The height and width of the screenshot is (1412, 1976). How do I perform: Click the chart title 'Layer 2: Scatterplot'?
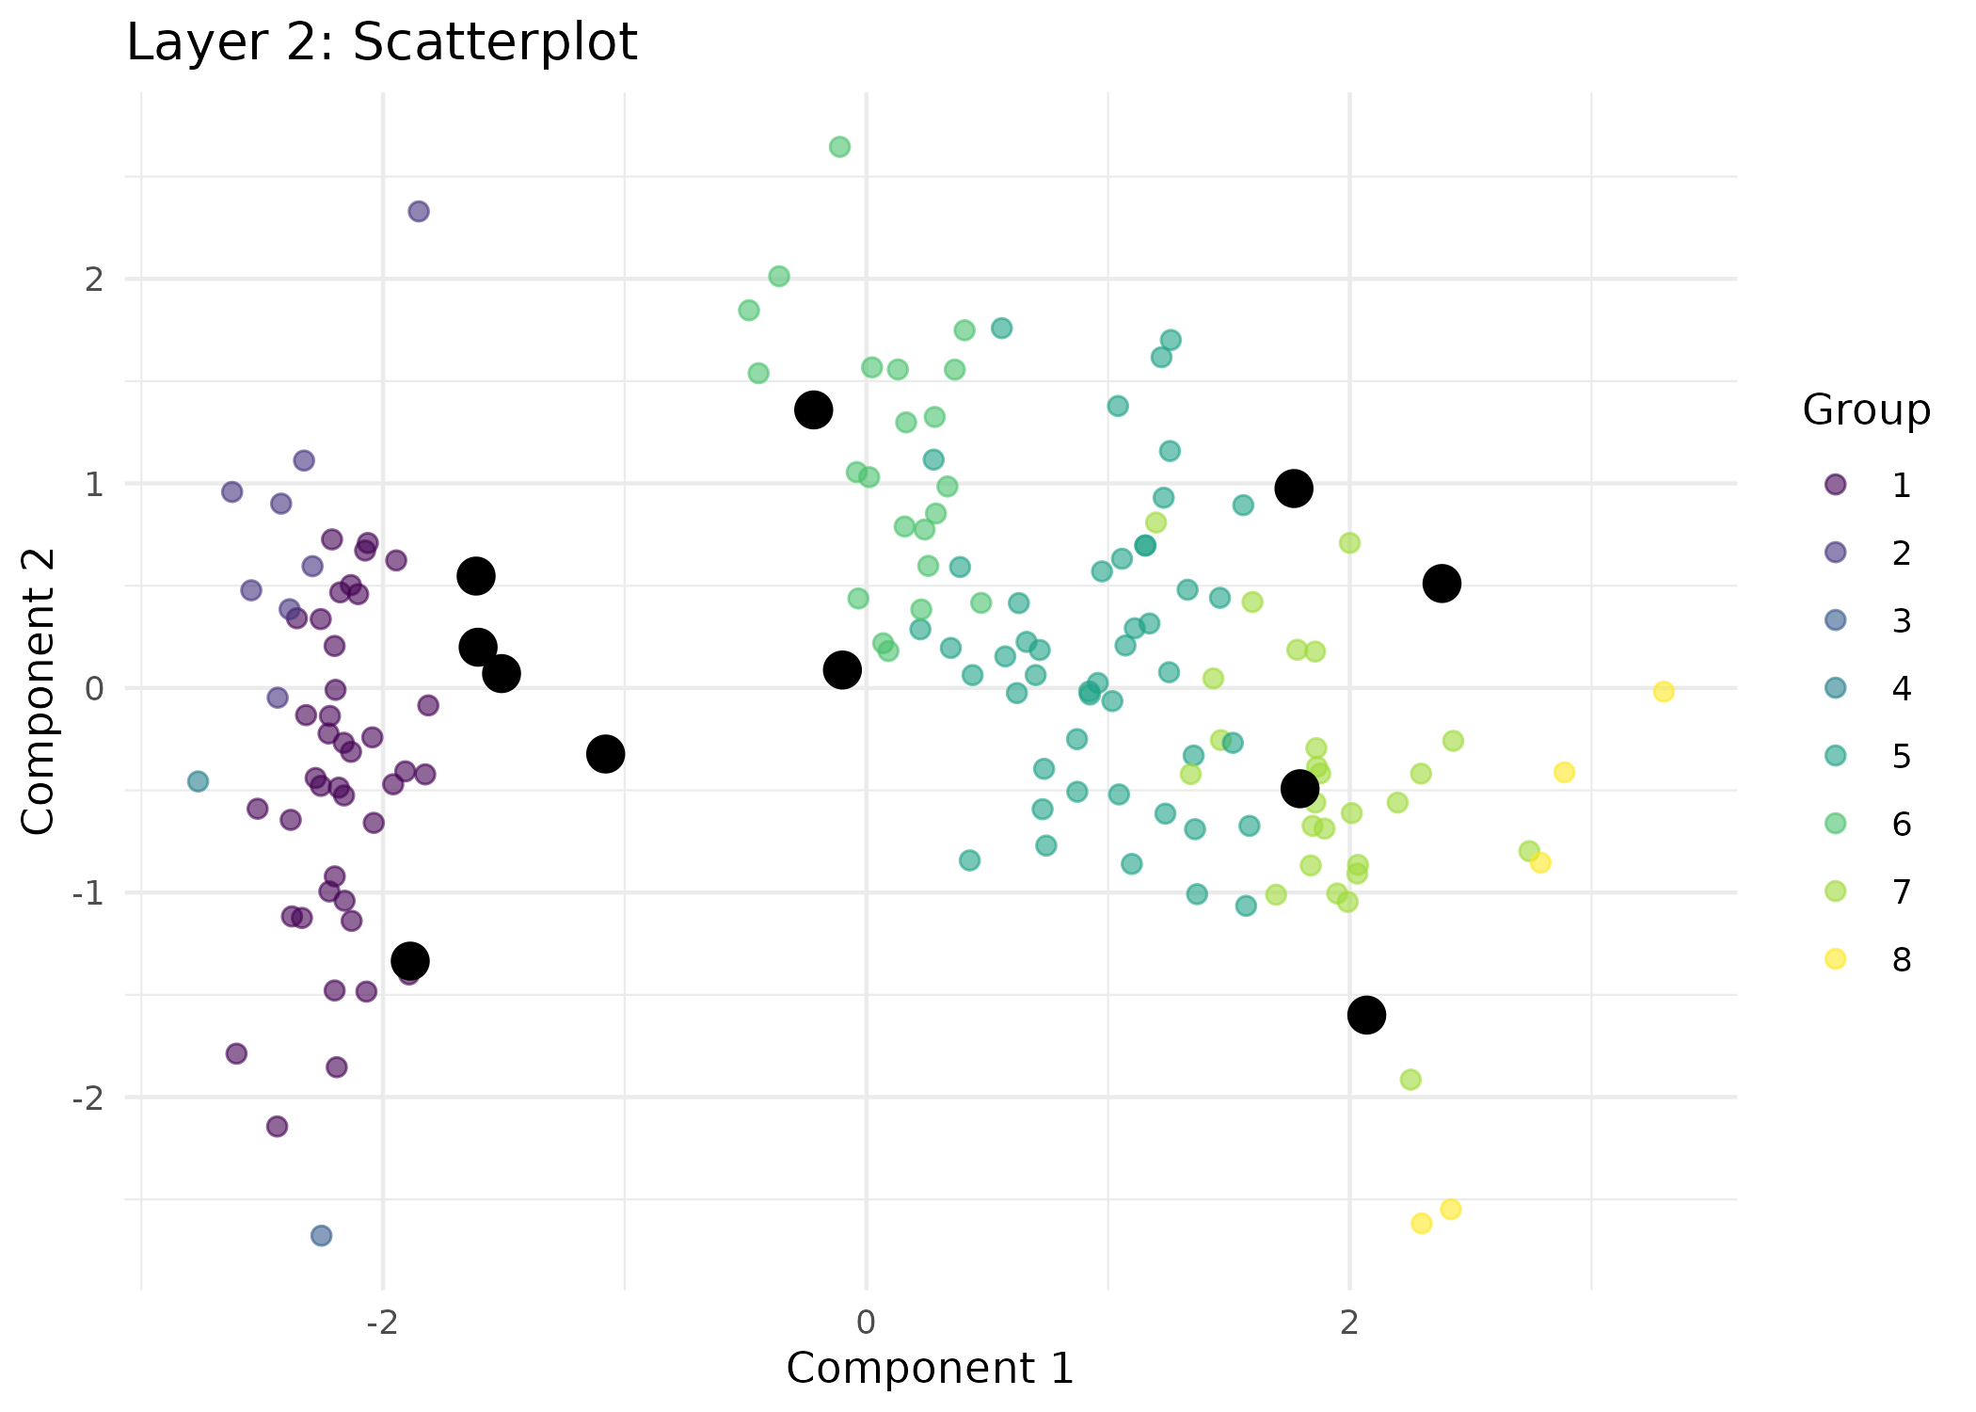pos(382,42)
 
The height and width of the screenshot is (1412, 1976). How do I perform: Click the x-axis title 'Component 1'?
pos(930,1369)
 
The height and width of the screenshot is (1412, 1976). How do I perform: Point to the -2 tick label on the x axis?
pos(382,1323)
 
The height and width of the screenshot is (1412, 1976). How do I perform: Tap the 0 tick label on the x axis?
pos(866,1323)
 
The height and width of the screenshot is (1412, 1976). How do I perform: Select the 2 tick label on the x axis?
pos(1349,1323)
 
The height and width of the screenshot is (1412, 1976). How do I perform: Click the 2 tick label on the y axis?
pos(93,280)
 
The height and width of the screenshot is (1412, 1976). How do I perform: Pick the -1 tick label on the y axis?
pos(88,892)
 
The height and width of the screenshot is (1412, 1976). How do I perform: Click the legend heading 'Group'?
pos(1866,410)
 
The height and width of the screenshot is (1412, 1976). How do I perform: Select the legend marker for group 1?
pos(1835,485)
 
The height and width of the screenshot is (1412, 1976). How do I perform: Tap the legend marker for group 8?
pos(1835,959)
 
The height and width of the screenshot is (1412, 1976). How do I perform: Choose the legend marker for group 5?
pos(1835,756)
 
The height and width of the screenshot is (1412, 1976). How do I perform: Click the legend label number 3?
pos(1901,621)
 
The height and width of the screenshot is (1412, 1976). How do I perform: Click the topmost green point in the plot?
pos(839,147)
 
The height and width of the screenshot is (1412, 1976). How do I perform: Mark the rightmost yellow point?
pos(1664,692)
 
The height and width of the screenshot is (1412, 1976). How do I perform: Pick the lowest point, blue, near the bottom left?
pos(321,1235)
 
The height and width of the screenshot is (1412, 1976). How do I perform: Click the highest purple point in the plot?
pos(419,212)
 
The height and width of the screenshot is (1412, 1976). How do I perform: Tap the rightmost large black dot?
pos(1442,584)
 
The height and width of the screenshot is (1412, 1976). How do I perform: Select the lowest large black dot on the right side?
pos(1366,1015)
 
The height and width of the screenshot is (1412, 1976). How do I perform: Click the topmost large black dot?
pos(813,410)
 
